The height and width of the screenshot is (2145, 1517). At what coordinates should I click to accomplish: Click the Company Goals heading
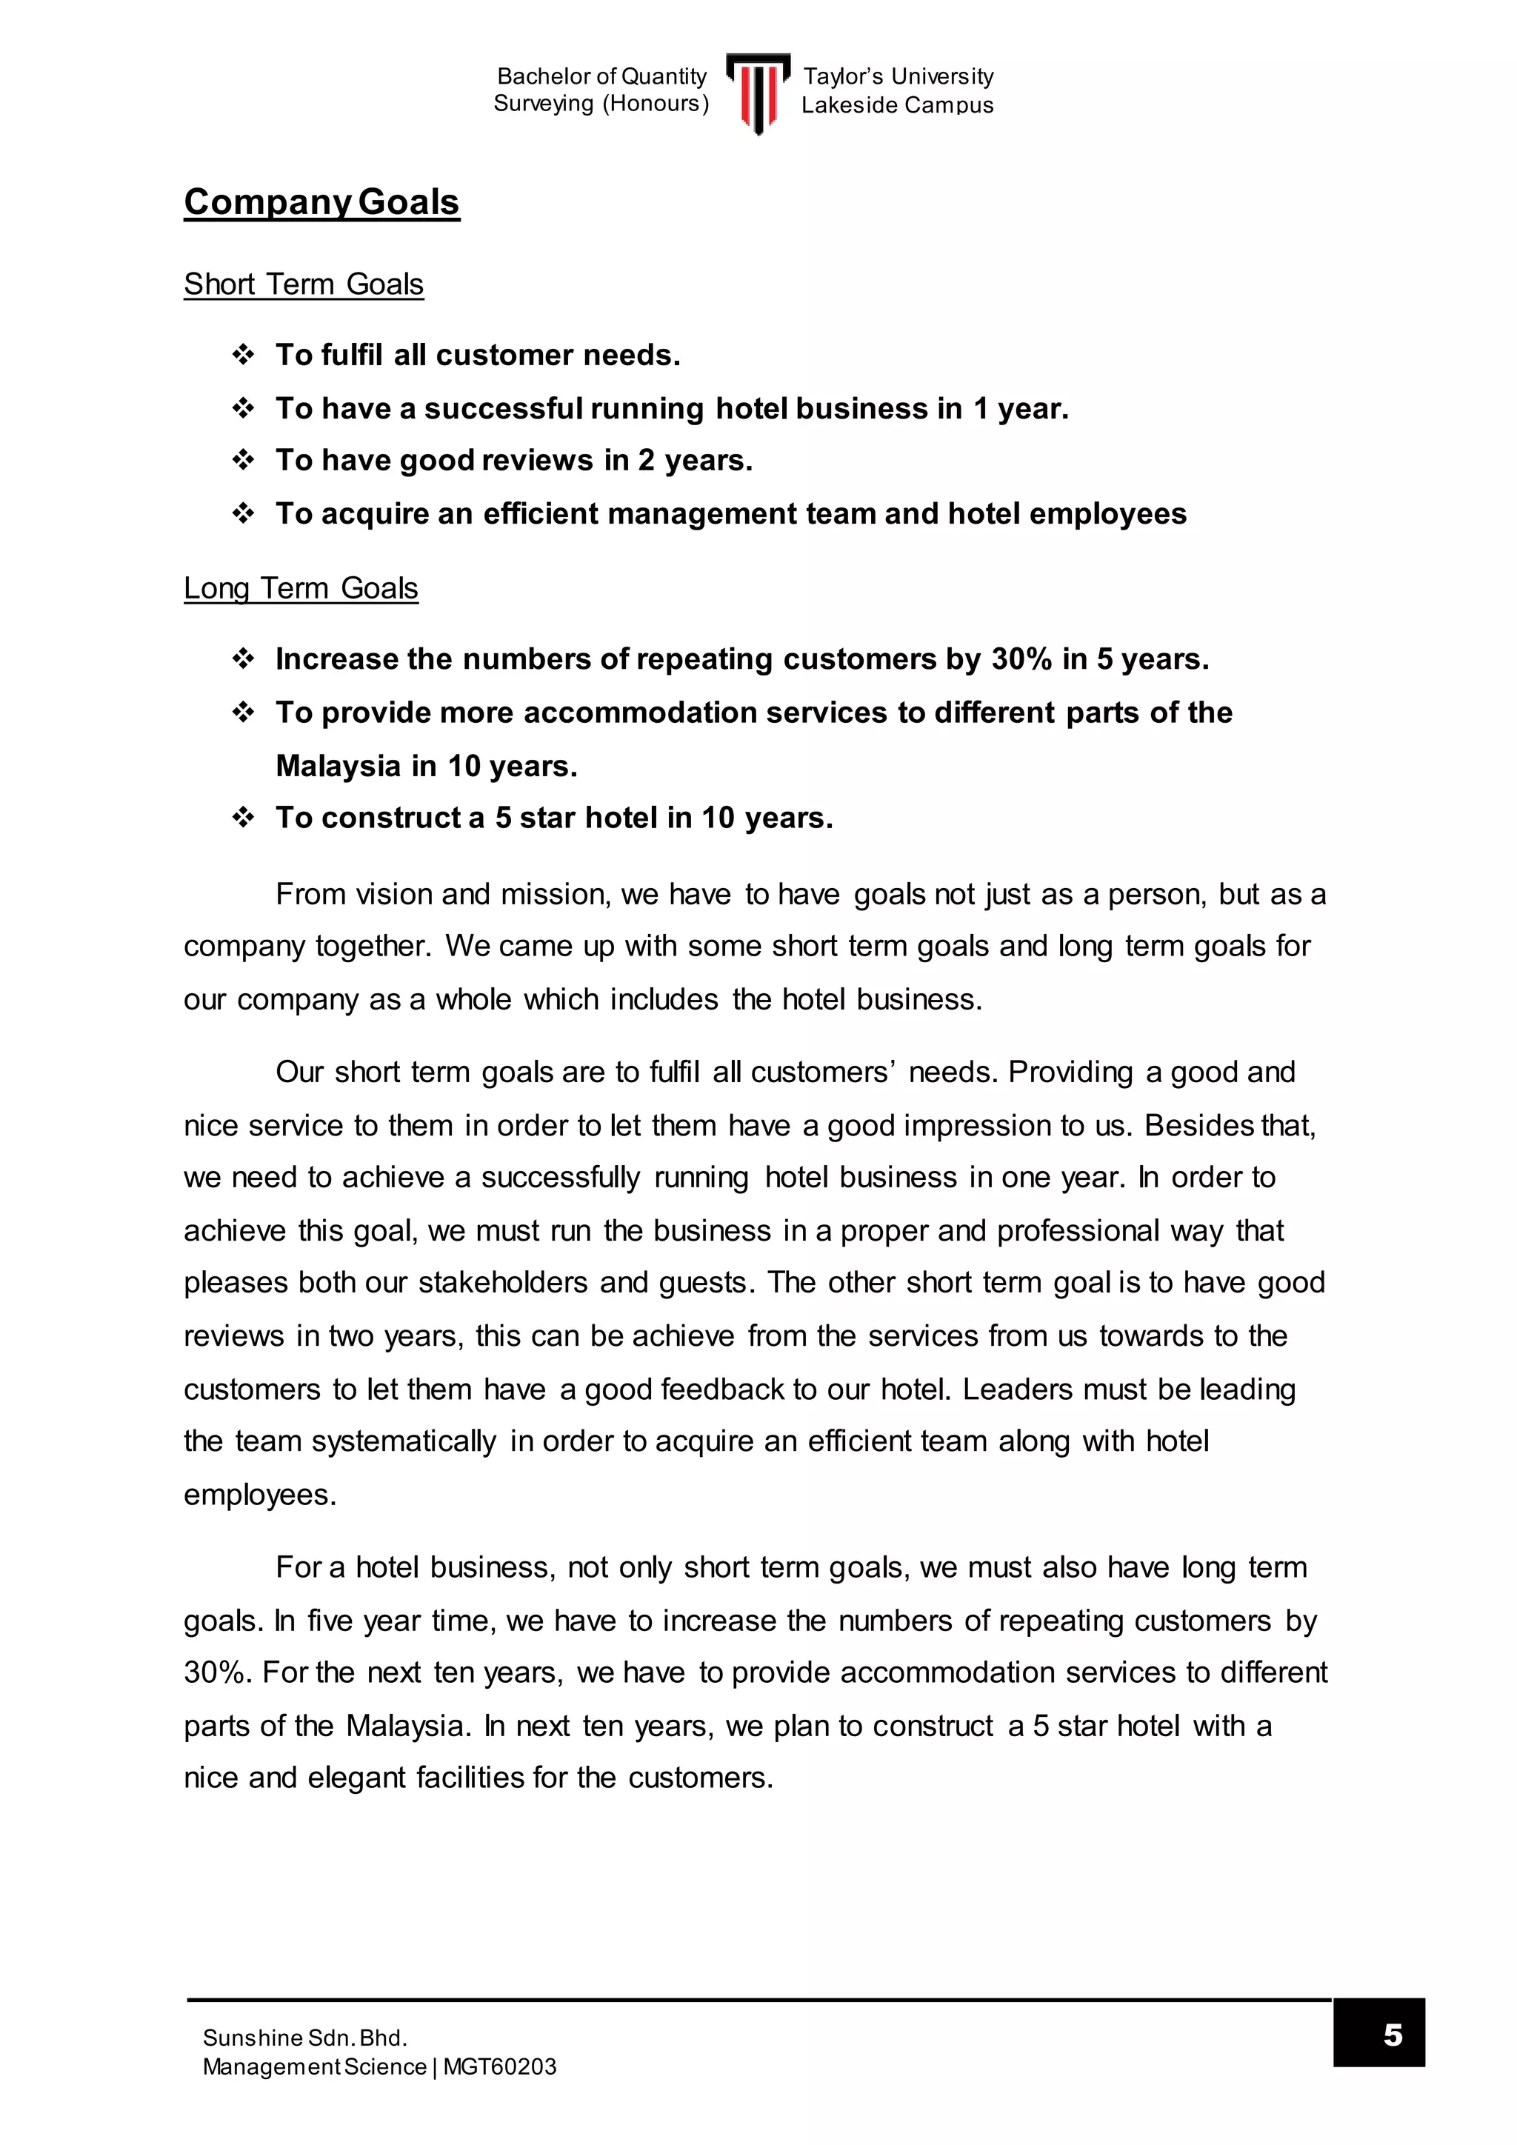[x=321, y=201]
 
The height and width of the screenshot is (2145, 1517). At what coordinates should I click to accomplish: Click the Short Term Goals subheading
[x=304, y=284]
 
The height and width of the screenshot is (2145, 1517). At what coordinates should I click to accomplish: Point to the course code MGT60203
[x=500, y=2066]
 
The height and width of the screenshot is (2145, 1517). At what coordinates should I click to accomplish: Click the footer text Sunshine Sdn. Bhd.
[x=304, y=2038]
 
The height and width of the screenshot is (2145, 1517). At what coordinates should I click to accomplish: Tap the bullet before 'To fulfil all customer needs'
[x=243, y=355]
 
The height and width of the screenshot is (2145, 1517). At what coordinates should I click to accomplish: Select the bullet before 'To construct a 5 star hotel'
[x=243, y=818]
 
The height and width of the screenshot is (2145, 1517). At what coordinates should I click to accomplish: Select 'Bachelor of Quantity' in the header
[x=601, y=76]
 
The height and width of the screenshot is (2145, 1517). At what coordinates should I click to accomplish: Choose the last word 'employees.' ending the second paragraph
[x=260, y=1494]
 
